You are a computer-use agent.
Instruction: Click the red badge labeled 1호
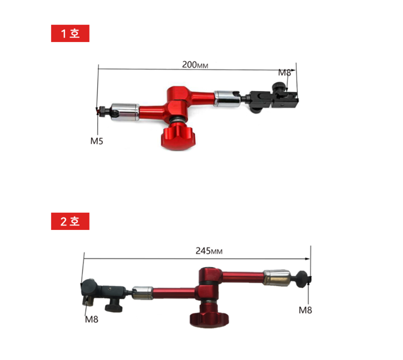pyautogui.click(x=70, y=33)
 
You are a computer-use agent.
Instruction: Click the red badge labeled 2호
pyautogui.click(x=70, y=221)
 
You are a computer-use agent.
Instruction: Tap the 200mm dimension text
pyautogui.click(x=195, y=65)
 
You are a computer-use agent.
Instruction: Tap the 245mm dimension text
pyautogui.click(x=209, y=251)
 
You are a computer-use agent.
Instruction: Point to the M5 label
pyautogui.click(x=97, y=141)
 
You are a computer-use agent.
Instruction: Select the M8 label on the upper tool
pyautogui.click(x=284, y=73)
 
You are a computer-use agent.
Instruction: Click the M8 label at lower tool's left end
pyautogui.click(x=91, y=319)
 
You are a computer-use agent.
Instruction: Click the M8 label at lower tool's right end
pyautogui.click(x=305, y=310)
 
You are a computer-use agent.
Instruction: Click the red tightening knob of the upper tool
pyautogui.click(x=179, y=136)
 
